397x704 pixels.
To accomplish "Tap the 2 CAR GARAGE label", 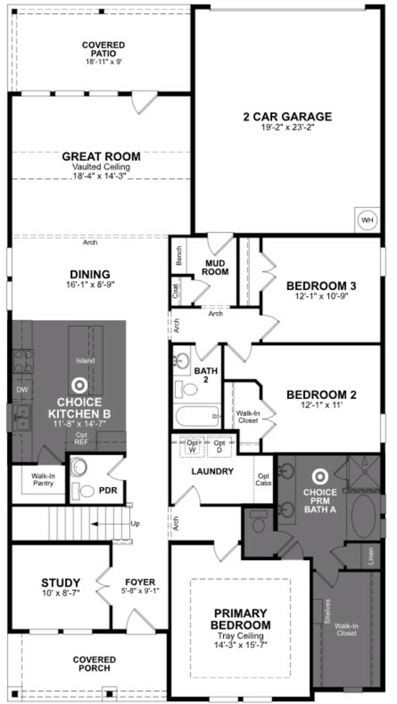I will [x=287, y=117].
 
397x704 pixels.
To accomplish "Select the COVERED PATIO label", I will [x=104, y=49].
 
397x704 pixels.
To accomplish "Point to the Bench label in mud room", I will [x=179, y=256].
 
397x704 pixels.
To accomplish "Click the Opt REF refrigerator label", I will [x=81, y=438].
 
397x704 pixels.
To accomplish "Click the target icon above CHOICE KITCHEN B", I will [x=80, y=385].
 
